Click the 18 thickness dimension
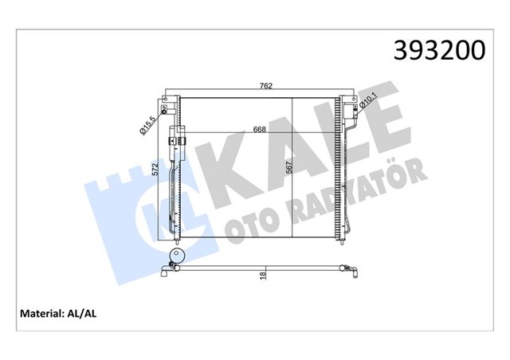[263, 276]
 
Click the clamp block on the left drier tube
[177, 142]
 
